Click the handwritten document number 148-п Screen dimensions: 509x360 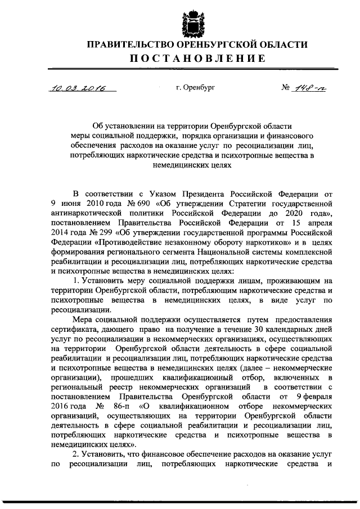(x=309, y=88)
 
